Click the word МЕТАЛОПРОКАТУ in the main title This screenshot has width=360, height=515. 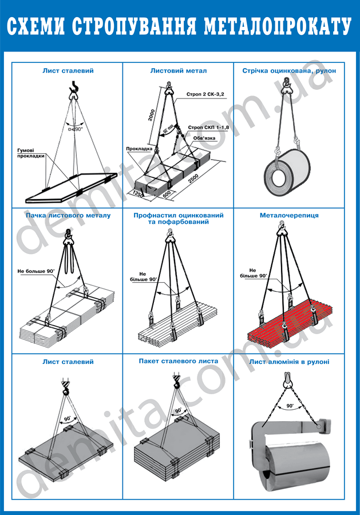point(278,27)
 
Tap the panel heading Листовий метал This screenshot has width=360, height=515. point(179,70)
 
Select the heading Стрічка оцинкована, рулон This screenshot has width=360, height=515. point(289,70)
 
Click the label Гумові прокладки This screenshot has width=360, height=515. point(31,153)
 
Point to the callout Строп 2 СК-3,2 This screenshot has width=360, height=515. point(205,94)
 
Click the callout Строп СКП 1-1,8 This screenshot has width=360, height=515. point(208,127)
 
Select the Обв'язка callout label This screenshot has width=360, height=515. point(204,138)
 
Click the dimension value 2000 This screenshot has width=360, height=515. point(152,115)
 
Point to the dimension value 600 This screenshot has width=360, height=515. point(166,194)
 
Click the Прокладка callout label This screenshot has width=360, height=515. point(139,149)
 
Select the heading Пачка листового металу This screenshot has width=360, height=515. point(68,216)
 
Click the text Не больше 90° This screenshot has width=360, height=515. point(36,271)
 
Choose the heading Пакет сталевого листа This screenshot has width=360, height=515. point(179,361)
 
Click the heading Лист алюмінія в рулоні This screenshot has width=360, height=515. point(289,362)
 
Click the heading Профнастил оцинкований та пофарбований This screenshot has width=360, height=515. point(179,219)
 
